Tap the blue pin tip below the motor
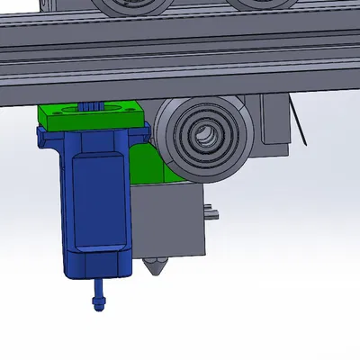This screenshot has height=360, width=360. click(97, 299)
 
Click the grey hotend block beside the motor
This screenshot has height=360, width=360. click(175, 220)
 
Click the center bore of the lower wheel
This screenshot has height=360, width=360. click(204, 137)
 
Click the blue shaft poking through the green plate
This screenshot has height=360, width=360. click(90, 106)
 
